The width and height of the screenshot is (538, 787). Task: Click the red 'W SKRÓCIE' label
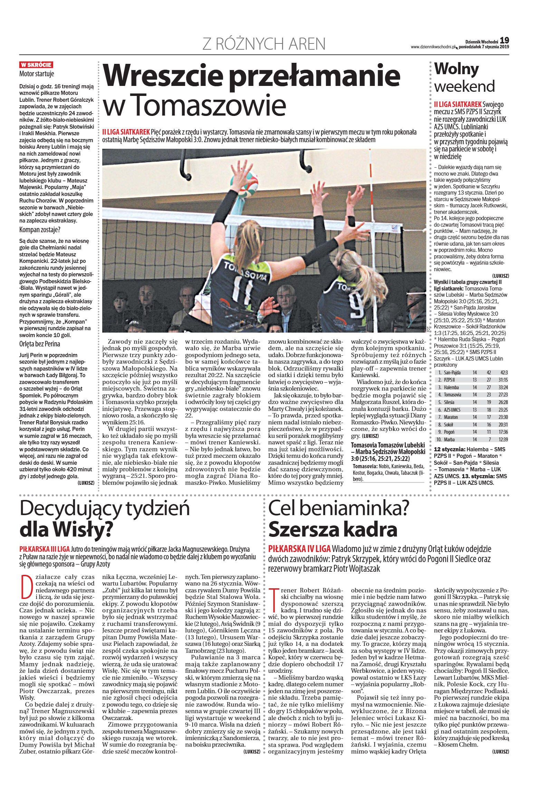pyautogui.click(x=36, y=65)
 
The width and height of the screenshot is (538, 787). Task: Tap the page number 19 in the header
pyautogui.click(x=504, y=40)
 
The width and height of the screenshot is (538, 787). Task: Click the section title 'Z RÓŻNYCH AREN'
pyautogui.click(x=264, y=44)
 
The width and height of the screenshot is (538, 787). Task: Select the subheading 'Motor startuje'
pyautogui.click(x=37, y=74)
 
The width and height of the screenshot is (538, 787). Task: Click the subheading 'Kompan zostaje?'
pyautogui.click(x=40, y=230)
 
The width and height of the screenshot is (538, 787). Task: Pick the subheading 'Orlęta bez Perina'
pyautogui.click(x=40, y=344)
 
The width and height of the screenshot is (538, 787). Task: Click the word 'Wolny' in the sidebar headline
pyautogui.click(x=456, y=69)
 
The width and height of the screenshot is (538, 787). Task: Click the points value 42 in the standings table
pyautogui.click(x=489, y=373)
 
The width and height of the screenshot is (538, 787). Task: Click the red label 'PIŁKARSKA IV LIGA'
pyautogui.click(x=299, y=549)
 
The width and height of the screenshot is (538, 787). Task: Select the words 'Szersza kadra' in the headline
pyautogui.click(x=333, y=529)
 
